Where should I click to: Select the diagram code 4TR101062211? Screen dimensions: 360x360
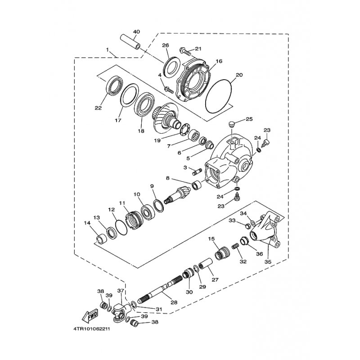coord(92,329)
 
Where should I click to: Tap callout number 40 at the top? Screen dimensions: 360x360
coord(136,31)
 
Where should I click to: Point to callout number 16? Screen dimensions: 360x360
coord(219,61)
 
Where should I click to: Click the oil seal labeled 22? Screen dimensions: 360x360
coord(114,85)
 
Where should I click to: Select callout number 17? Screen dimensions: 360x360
coord(118,120)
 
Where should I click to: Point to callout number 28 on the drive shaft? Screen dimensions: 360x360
coord(174,302)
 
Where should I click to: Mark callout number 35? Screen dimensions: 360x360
coord(268,261)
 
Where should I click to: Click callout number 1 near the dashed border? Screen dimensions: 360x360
coord(107,49)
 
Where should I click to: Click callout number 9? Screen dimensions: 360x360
coord(152,186)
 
